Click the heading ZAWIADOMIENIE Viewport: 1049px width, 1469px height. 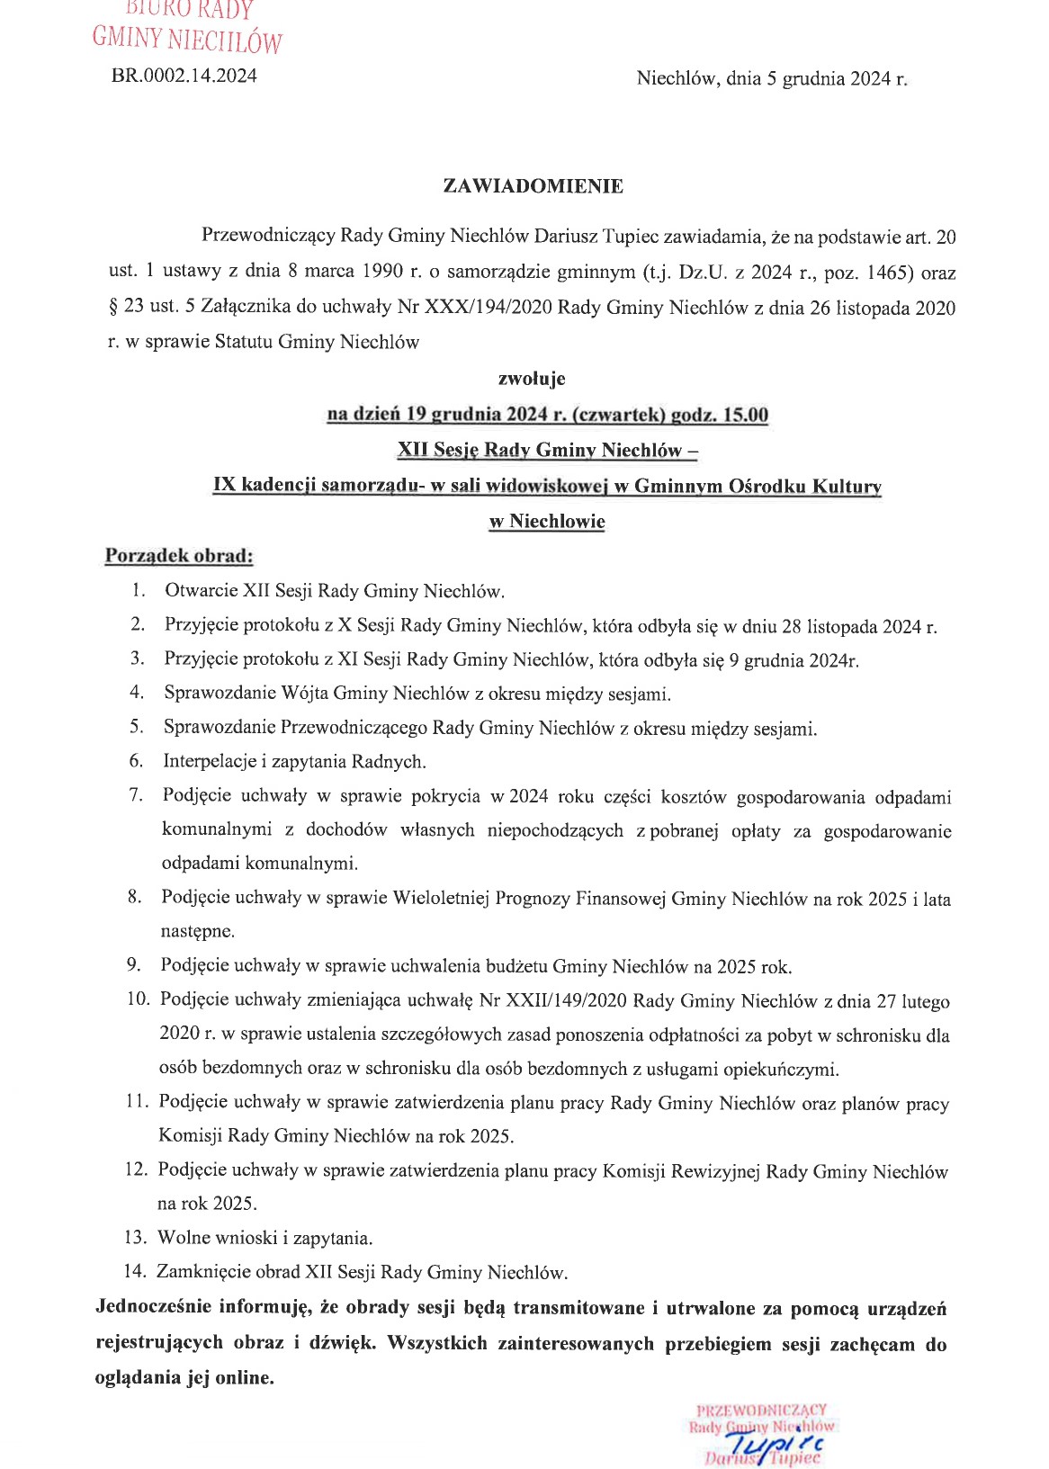click(x=533, y=186)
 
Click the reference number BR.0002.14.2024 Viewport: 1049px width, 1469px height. click(x=184, y=76)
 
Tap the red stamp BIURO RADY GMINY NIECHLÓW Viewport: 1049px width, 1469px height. click(x=187, y=27)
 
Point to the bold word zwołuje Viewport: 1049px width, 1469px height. click(x=532, y=379)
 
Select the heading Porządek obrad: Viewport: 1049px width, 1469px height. click(x=179, y=555)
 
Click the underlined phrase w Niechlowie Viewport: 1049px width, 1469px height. click(x=547, y=522)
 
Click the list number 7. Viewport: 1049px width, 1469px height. click(x=136, y=795)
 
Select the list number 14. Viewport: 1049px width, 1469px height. click(x=134, y=1272)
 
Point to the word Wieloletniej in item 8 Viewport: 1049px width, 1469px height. click(x=441, y=898)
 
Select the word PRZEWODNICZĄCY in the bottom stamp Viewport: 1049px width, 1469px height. click(x=761, y=1410)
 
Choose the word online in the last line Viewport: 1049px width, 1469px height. click(x=242, y=1377)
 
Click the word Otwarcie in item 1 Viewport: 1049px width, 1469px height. click(x=201, y=591)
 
